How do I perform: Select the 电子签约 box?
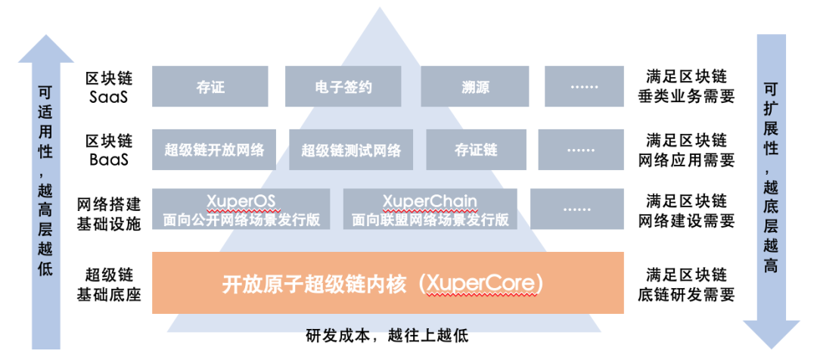(343, 86)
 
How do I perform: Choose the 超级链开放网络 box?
(214, 149)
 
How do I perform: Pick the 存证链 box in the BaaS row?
(476, 149)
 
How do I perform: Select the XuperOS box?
(241, 209)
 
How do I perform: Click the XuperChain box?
(430, 209)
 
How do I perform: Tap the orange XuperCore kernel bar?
(387, 283)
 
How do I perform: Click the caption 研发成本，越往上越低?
(387, 335)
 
